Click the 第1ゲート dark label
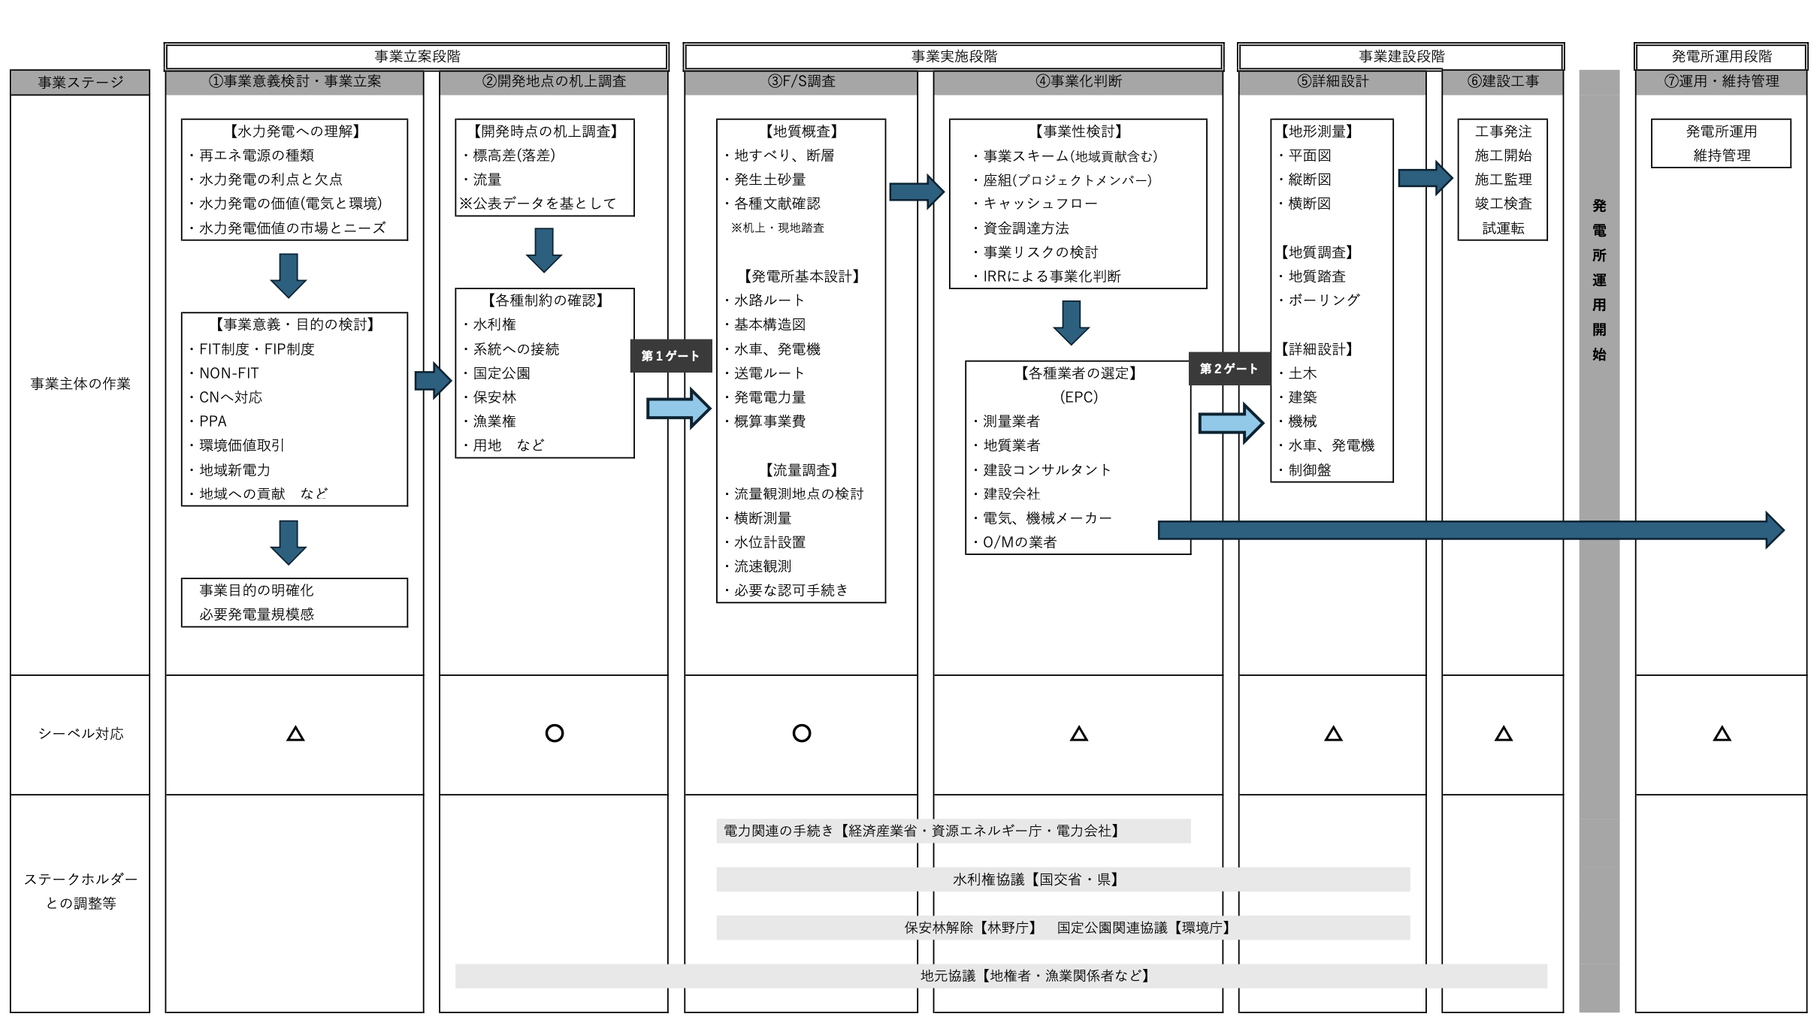(x=670, y=356)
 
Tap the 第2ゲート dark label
(x=1229, y=369)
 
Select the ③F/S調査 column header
(x=801, y=81)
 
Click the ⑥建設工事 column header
(x=1503, y=81)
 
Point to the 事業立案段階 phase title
(x=417, y=56)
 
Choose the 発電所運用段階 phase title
(x=1722, y=56)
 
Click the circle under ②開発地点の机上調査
(x=555, y=733)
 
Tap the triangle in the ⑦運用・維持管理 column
(x=1722, y=734)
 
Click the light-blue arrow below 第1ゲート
(x=679, y=409)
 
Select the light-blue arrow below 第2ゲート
(x=1231, y=423)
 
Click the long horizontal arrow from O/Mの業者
(x=1471, y=530)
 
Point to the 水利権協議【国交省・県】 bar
(x=1063, y=880)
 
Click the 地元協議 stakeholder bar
(x=1001, y=976)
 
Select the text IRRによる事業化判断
(x=1052, y=276)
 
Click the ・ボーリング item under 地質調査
(x=1319, y=300)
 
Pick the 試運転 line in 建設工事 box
(x=1503, y=228)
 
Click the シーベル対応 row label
(x=80, y=734)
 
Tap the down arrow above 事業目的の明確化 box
(x=289, y=542)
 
